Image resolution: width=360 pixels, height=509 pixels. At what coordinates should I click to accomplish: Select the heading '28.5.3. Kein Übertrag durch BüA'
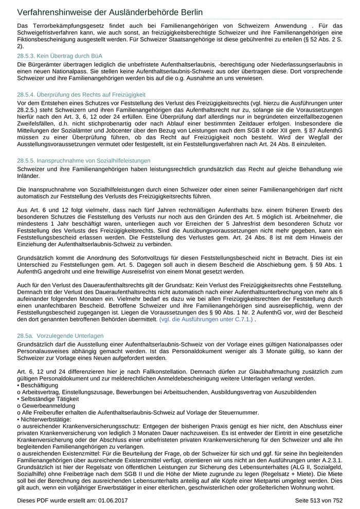point(60,56)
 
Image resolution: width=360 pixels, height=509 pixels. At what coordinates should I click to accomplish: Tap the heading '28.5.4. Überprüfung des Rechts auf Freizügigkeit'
point(81,95)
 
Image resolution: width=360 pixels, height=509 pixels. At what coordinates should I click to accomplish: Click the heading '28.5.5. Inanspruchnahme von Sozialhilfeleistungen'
point(84,161)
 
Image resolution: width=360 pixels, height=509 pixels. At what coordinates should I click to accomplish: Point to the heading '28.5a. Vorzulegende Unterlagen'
point(60,336)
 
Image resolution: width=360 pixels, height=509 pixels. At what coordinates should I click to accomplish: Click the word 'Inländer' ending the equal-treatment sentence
point(28,175)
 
